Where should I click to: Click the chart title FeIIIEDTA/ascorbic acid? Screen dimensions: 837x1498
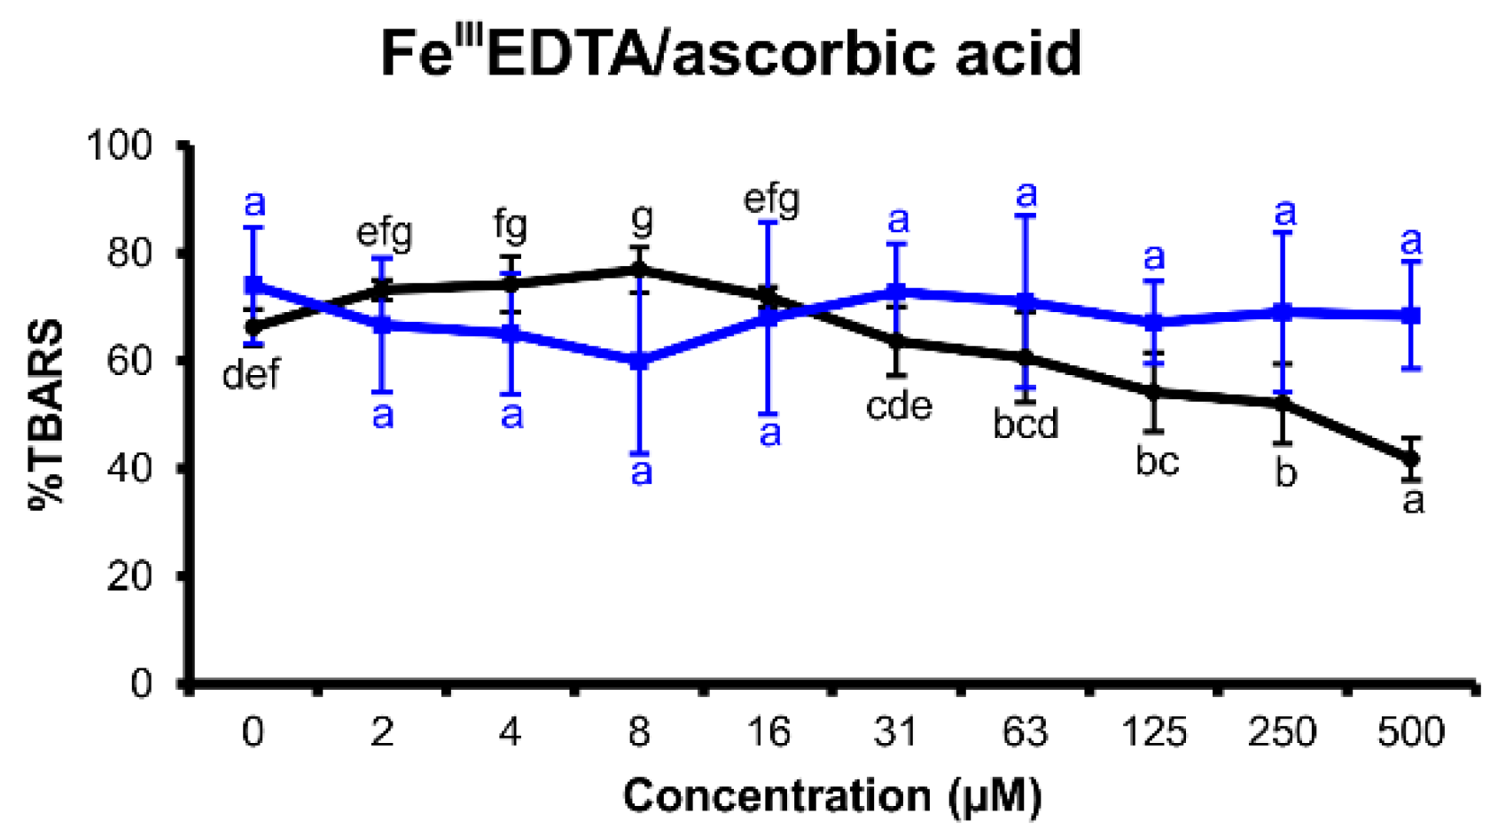(x=730, y=53)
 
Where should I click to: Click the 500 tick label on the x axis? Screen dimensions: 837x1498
(x=1411, y=733)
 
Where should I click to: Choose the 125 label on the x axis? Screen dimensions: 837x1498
(x=1153, y=733)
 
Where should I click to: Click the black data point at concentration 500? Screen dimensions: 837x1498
(x=1411, y=458)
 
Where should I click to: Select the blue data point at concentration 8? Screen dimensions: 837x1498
(x=639, y=361)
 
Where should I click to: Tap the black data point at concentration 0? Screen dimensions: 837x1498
(x=254, y=327)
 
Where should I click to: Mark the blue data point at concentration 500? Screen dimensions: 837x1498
(x=1411, y=315)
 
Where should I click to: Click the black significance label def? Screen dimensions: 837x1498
(x=251, y=375)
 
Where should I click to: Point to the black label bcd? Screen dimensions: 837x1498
(x=1026, y=424)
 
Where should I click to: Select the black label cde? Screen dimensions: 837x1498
(x=899, y=406)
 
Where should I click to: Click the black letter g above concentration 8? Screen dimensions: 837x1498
(x=641, y=217)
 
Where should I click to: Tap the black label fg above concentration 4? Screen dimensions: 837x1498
(x=511, y=226)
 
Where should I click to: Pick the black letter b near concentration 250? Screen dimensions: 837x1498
(x=1285, y=473)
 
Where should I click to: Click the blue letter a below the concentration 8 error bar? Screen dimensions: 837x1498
(x=641, y=472)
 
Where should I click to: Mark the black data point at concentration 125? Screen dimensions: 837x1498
(x=1153, y=392)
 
